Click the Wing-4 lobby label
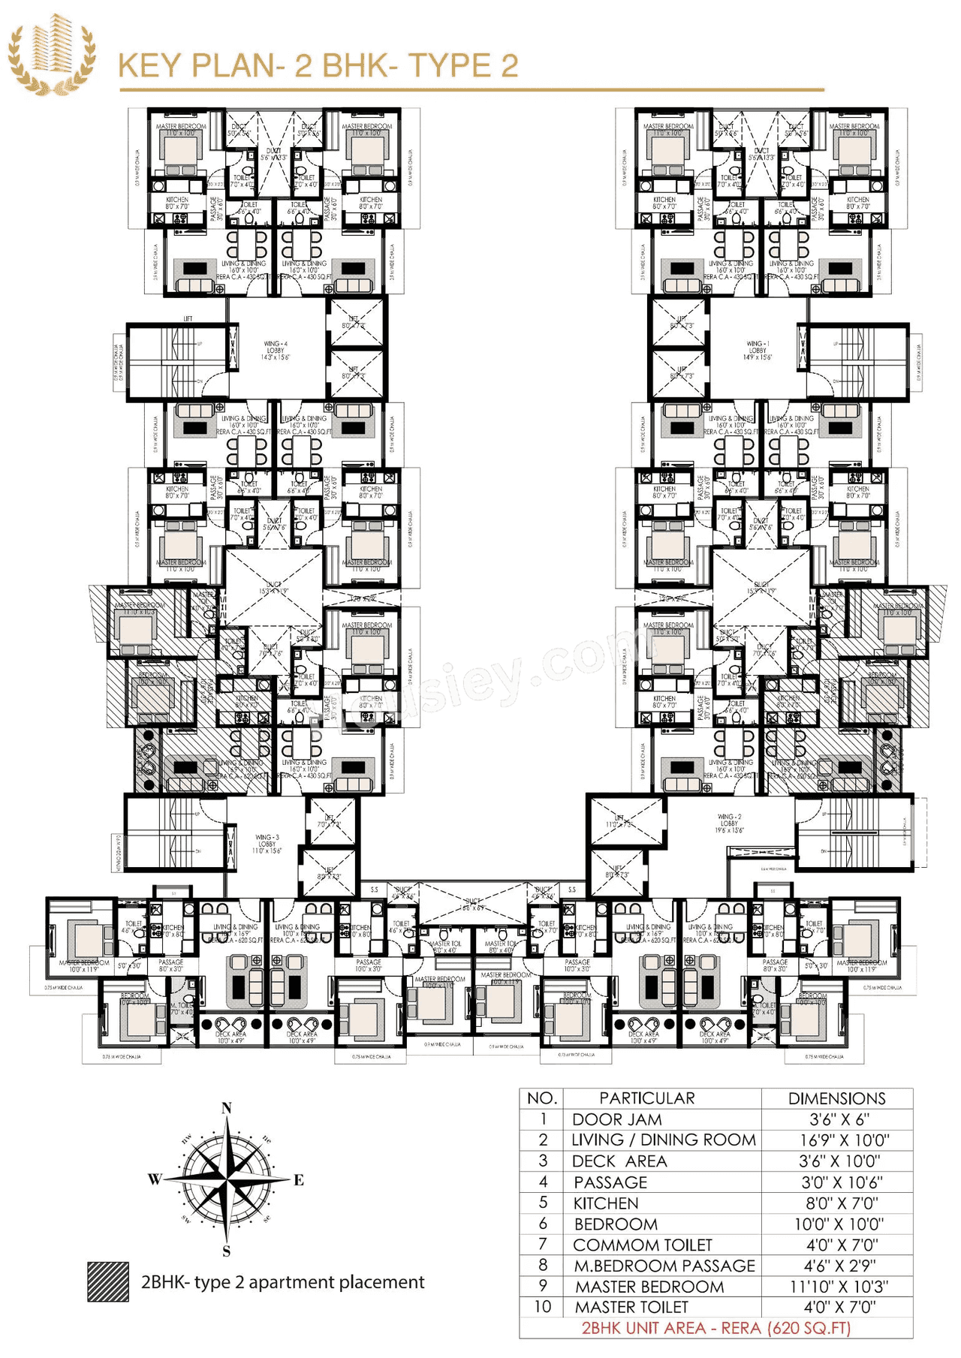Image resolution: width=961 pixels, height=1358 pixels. point(276,351)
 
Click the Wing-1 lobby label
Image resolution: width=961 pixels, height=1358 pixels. point(758,351)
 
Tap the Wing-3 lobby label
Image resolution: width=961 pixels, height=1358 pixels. point(267,844)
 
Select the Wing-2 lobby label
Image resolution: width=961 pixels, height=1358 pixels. point(729,823)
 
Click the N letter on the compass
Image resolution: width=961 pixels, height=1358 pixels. point(227,1108)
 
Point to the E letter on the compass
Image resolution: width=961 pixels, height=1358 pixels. point(299,1180)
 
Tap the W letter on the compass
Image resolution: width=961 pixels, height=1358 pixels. point(154,1179)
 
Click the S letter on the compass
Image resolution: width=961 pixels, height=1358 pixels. point(227,1251)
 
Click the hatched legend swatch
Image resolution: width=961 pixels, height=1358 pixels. point(108,1281)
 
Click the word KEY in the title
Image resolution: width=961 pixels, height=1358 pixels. point(150,66)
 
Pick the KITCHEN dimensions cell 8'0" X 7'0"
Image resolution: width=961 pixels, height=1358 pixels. point(838,1203)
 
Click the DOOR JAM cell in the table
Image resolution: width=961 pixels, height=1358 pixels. point(617,1119)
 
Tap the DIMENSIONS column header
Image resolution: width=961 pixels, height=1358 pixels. point(836,1098)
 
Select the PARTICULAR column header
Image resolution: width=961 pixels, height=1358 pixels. point(646,1098)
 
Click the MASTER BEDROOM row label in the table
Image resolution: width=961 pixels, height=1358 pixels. point(649,1287)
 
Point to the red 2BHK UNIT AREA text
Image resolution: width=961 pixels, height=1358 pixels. point(716,1327)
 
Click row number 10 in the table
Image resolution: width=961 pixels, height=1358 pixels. point(542,1307)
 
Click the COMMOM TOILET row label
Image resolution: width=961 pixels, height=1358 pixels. point(642,1245)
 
